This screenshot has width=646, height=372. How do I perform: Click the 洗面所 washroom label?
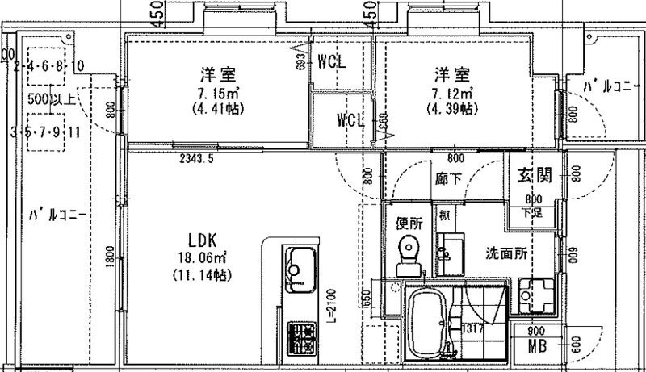pyautogui.click(x=508, y=253)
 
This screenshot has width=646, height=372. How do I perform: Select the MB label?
pyautogui.click(x=537, y=348)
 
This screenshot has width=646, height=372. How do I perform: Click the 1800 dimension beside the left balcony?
pyautogui.click(x=110, y=265)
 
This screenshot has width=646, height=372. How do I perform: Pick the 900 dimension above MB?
pyautogui.click(x=536, y=332)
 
